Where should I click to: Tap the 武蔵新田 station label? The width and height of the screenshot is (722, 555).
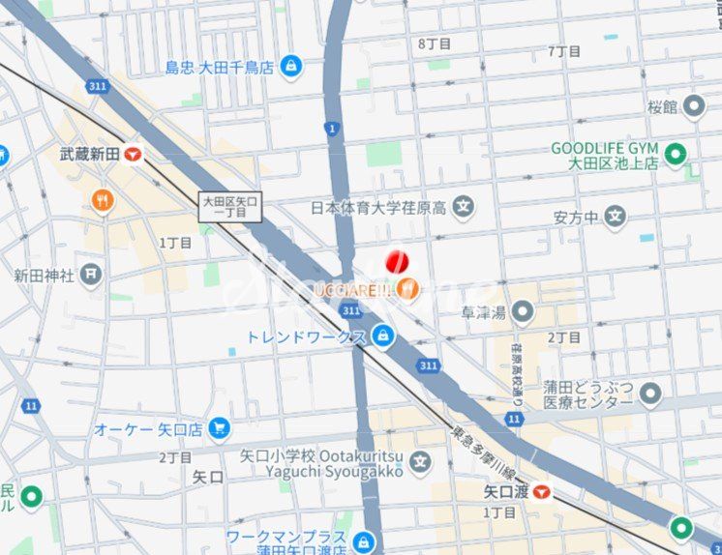click(88, 154)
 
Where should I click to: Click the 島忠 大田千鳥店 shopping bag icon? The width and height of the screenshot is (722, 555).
click(289, 67)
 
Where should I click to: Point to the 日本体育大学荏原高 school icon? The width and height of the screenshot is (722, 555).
click(465, 206)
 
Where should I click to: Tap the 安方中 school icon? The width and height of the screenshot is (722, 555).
click(616, 217)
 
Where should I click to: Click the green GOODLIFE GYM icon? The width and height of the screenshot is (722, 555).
click(676, 155)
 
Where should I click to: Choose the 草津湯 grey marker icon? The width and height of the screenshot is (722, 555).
click(523, 311)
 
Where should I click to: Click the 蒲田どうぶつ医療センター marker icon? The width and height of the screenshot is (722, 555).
click(650, 394)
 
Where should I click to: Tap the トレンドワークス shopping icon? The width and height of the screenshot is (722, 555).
click(384, 336)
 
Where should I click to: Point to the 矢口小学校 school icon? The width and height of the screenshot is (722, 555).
click(419, 463)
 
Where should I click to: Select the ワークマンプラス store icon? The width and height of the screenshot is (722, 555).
click(364, 541)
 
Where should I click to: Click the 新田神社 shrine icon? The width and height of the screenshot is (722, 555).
click(91, 275)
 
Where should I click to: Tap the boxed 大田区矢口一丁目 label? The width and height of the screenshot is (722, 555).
click(230, 207)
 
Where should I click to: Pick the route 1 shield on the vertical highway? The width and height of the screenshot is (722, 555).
click(332, 128)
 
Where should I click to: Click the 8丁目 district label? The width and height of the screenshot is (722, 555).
click(435, 44)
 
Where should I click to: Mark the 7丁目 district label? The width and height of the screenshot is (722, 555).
click(564, 50)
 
